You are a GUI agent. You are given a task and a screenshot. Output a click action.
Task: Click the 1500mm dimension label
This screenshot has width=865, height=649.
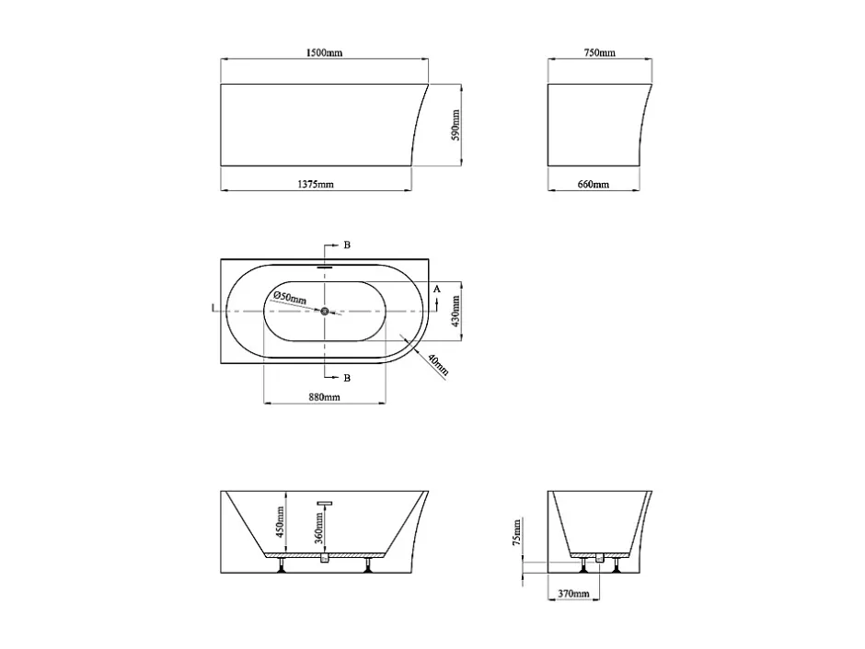(x=324, y=53)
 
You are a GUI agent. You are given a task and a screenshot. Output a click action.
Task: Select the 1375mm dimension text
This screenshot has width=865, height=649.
(x=316, y=184)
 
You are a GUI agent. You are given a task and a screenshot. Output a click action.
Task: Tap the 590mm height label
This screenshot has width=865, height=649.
(x=456, y=125)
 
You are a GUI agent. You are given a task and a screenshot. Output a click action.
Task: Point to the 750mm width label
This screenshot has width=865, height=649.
(x=600, y=53)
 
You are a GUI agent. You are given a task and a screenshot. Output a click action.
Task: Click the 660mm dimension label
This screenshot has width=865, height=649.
(x=594, y=184)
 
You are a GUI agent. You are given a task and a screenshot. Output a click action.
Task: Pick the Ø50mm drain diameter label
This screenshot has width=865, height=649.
(x=290, y=298)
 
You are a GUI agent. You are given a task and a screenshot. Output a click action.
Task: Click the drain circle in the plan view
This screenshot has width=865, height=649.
(x=324, y=312)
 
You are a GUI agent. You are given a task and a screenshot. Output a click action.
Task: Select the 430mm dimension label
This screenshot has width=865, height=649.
(x=456, y=312)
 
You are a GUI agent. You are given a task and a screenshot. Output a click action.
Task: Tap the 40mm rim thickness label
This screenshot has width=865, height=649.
(x=439, y=367)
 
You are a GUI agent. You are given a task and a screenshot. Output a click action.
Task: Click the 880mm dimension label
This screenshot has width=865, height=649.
(x=324, y=397)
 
